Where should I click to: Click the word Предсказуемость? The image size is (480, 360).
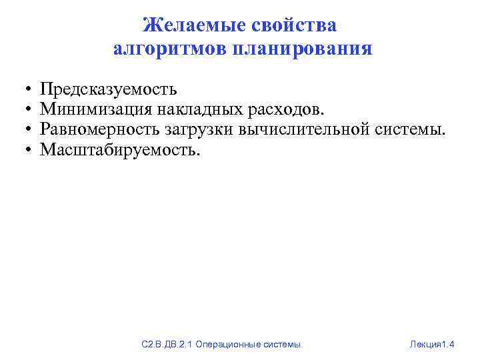click(x=109, y=89)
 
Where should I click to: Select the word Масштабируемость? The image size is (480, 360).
click(x=120, y=149)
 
